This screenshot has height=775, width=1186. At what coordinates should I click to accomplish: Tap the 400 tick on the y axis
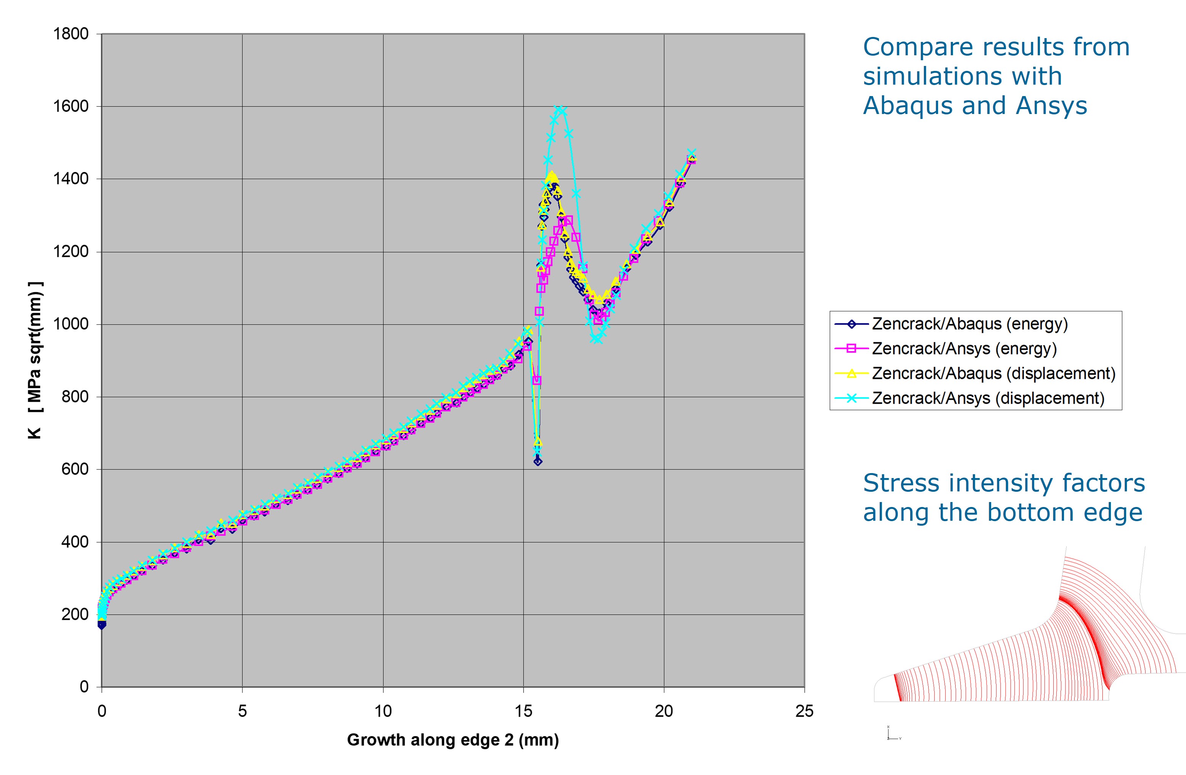74,542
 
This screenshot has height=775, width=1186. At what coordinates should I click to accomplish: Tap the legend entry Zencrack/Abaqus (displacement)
993,374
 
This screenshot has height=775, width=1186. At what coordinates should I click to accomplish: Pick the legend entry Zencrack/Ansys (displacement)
988,398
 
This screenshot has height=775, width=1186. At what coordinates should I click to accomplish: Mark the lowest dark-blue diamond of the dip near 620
538,462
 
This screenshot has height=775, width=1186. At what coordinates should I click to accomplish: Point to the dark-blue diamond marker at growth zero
102,624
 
